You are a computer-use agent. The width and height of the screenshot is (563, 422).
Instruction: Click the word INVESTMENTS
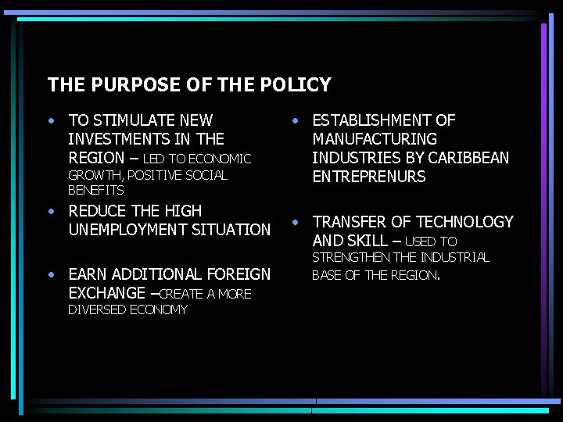pyautogui.click(x=118, y=139)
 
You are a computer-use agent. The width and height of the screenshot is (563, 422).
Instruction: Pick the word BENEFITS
pyautogui.click(x=96, y=190)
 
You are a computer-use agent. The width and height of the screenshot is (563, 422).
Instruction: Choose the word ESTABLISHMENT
pyautogui.click(x=374, y=120)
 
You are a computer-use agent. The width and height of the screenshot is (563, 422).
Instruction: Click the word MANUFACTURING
pyautogui.click(x=375, y=139)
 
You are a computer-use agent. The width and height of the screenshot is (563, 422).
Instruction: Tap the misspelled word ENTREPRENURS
pyautogui.click(x=369, y=177)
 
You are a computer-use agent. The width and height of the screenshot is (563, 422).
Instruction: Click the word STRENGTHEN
pyautogui.click(x=351, y=258)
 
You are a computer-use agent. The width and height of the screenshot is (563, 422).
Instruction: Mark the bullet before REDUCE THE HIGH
pyautogui.click(x=51, y=211)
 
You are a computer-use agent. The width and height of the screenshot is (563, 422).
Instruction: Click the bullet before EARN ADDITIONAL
pyautogui.click(x=51, y=274)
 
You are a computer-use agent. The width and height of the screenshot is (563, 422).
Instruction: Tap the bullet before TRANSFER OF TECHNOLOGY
pyautogui.click(x=296, y=222)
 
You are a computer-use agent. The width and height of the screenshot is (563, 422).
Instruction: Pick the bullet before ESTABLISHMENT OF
pyautogui.click(x=296, y=120)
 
